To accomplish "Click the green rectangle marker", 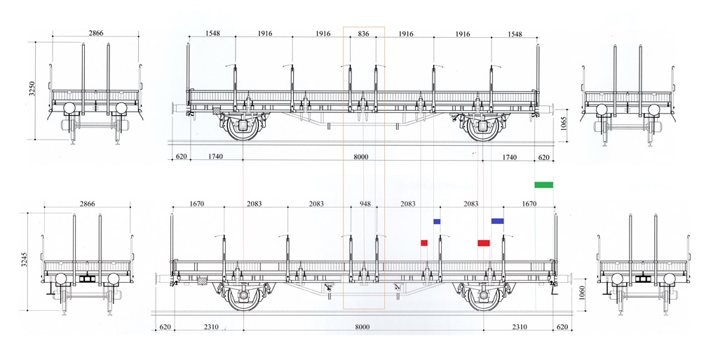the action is (543, 185).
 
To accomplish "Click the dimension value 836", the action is (363, 34).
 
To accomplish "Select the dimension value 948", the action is (365, 204).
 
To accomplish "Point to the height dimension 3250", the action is (32, 88).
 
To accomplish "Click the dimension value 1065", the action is (564, 124).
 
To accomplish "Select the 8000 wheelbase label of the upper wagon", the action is (361, 156).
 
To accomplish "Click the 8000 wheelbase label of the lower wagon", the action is (363, 326).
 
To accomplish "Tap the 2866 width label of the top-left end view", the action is (95, 33).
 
